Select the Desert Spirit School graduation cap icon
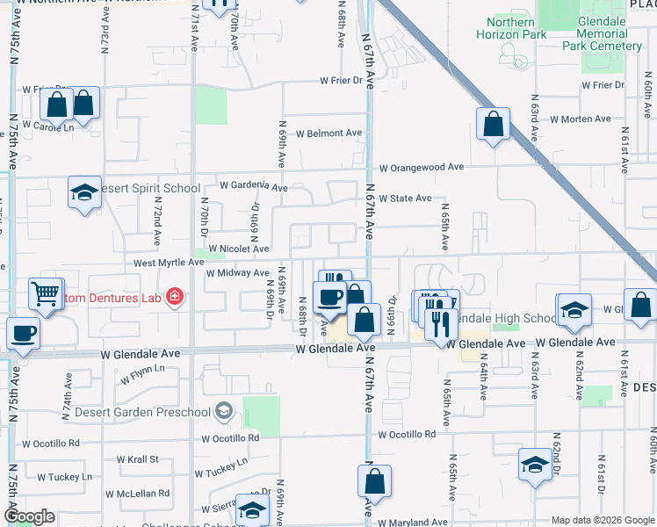tap(84, 193)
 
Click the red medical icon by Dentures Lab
tap(175, 298)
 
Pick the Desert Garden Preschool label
tap(143, 412)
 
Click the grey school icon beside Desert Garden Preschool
tap(225, 411)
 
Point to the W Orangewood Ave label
tap(421, 167)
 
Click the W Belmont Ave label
tap(328, 134)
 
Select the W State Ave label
tap(405, 199)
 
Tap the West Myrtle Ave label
tap(169, 263)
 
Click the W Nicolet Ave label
tap(237, 249)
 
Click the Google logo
tap(29, 516)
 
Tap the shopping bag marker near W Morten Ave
tap(493, 124)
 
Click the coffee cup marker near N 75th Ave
tap(22, 334)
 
